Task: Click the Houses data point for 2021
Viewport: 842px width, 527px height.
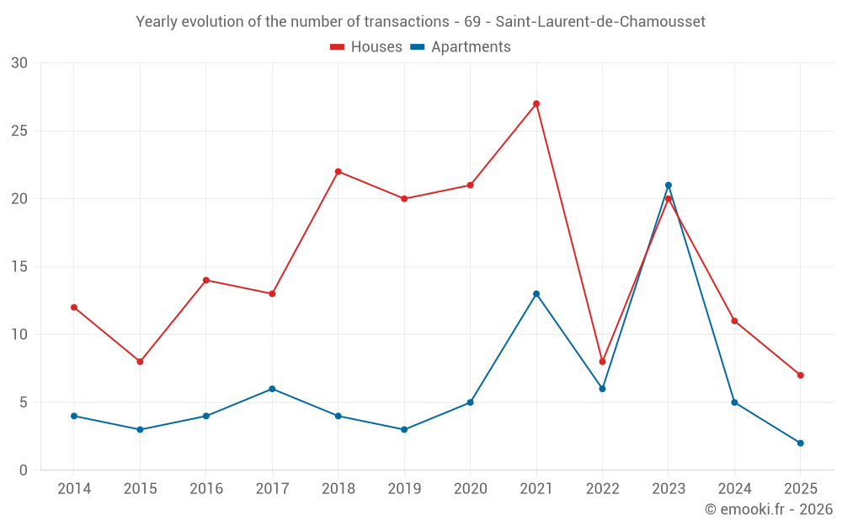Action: [x=536, y=104]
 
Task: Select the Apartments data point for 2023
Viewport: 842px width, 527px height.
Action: [x=669, y=186]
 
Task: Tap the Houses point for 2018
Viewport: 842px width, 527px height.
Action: [x=338, y=171]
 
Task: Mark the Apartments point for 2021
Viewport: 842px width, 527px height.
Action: [x=536, y=293]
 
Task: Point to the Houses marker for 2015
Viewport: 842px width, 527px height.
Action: [x=140, y=362]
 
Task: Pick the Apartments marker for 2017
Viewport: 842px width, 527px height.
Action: [x=272, y=389]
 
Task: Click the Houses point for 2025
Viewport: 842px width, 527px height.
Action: [x=800, y=375]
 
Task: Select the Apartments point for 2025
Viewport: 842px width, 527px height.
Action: [x=800, y=443]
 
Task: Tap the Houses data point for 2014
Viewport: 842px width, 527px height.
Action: [x=74, y=307]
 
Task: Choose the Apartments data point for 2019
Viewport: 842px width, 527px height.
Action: [x=404, y=429]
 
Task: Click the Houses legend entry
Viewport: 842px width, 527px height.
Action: [x=366, y=47]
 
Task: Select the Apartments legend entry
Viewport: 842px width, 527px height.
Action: [x=461, y=47]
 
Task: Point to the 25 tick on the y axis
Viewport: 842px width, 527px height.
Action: [x=19, y=131]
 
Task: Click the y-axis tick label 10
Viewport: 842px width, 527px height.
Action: [x=19, y=335]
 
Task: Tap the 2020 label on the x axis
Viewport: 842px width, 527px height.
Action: [x=470, y=488]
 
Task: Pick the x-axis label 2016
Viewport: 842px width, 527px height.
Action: [x=206, y=488]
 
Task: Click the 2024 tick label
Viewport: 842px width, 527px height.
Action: [x=734, y=488]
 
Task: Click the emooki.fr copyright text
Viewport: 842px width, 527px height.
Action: [x=769, y=509]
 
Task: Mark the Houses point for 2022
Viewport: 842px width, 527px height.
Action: [x=602, y=362]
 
